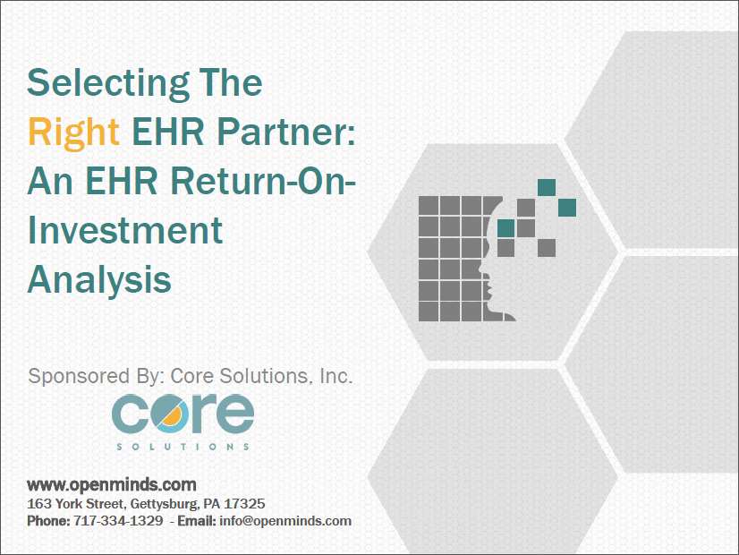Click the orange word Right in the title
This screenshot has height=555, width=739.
pyautogui.click(x=73, y=132)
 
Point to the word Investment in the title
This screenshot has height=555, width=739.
pyautogui.click(x=124, y=231)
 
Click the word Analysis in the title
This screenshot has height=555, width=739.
pyautogui.click(x=99, y=279)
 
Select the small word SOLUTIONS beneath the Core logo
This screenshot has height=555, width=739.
pyautogui.click(x=183, y=445)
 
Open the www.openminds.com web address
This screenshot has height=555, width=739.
pyautogui.click(x=112, y=485)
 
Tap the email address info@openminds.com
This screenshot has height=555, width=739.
pyautogui.click(x=295, y=521)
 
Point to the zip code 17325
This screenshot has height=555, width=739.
pyautogui.click(x=245, y=504)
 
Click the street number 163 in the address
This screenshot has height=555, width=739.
pyautogui.click(x=38, y=504)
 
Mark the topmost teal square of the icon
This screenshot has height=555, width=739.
pyautogui.click(x=546, y=187)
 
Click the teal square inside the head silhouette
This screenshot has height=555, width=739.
pyautogui.click(x=505, y=228)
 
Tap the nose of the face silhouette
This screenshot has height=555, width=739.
pyautogui.click(x=481, y=269)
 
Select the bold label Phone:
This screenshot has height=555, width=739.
pyautogui.click(x=47, y=521)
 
